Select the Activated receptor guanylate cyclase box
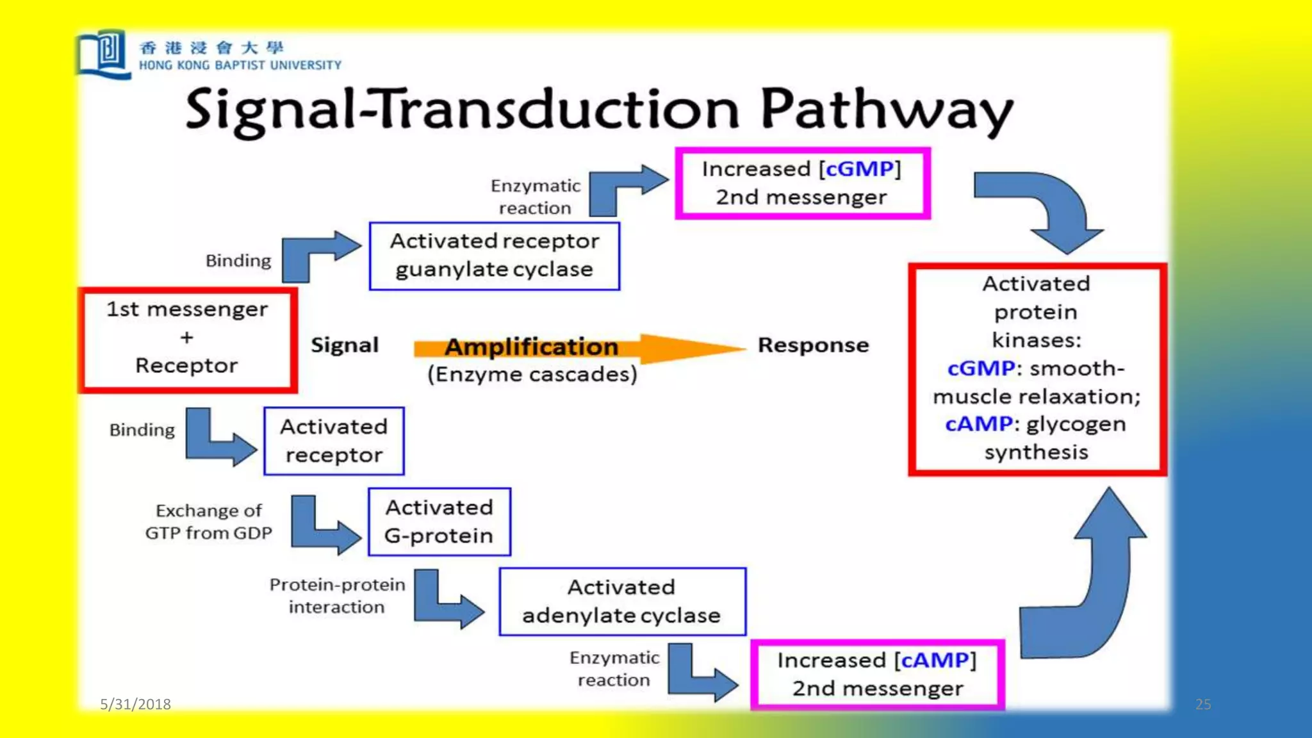[494, 256]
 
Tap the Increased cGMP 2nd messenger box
[802, 183]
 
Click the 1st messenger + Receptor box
[187, 339]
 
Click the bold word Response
[813, 345]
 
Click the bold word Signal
[345, 345]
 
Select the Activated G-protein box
[439, 521]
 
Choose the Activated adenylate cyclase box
[621, 602]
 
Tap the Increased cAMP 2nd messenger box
[877, 675]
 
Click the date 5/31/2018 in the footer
[135, 704]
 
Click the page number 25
[1202, 704]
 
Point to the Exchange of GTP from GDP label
[209, 521]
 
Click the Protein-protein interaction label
[337, 596]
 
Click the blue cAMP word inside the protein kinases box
[978, 424]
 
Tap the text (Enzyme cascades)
[532, 374]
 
